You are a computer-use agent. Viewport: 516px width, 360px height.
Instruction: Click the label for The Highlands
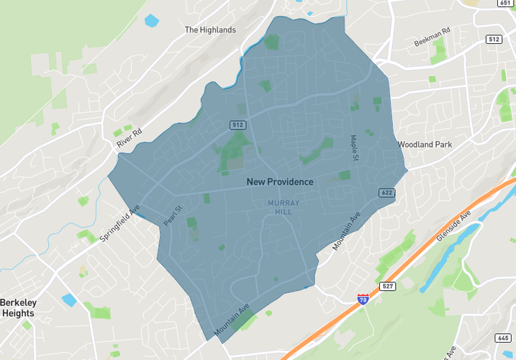210,30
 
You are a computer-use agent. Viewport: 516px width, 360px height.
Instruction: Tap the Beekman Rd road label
432,38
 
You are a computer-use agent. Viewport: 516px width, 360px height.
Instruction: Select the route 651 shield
504,3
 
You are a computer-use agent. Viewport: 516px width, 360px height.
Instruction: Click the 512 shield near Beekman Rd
493,39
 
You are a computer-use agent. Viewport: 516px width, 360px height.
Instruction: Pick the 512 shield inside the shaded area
238,125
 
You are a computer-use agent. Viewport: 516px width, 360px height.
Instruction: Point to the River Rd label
130,138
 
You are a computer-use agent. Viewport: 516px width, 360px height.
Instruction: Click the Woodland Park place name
425,145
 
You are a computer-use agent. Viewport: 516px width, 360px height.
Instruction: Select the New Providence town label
280,181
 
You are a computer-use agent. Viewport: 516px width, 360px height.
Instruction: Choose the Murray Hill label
284,208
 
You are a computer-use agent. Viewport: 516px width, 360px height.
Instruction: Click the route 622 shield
386,192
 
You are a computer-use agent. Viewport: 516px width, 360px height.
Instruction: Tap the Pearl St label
173,217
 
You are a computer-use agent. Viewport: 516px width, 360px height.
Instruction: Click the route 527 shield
387,287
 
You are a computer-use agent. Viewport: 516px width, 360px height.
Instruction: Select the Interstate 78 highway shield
363,298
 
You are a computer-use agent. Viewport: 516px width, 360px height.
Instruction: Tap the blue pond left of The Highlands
151,20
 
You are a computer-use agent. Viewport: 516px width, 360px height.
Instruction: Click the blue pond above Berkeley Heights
68,300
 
